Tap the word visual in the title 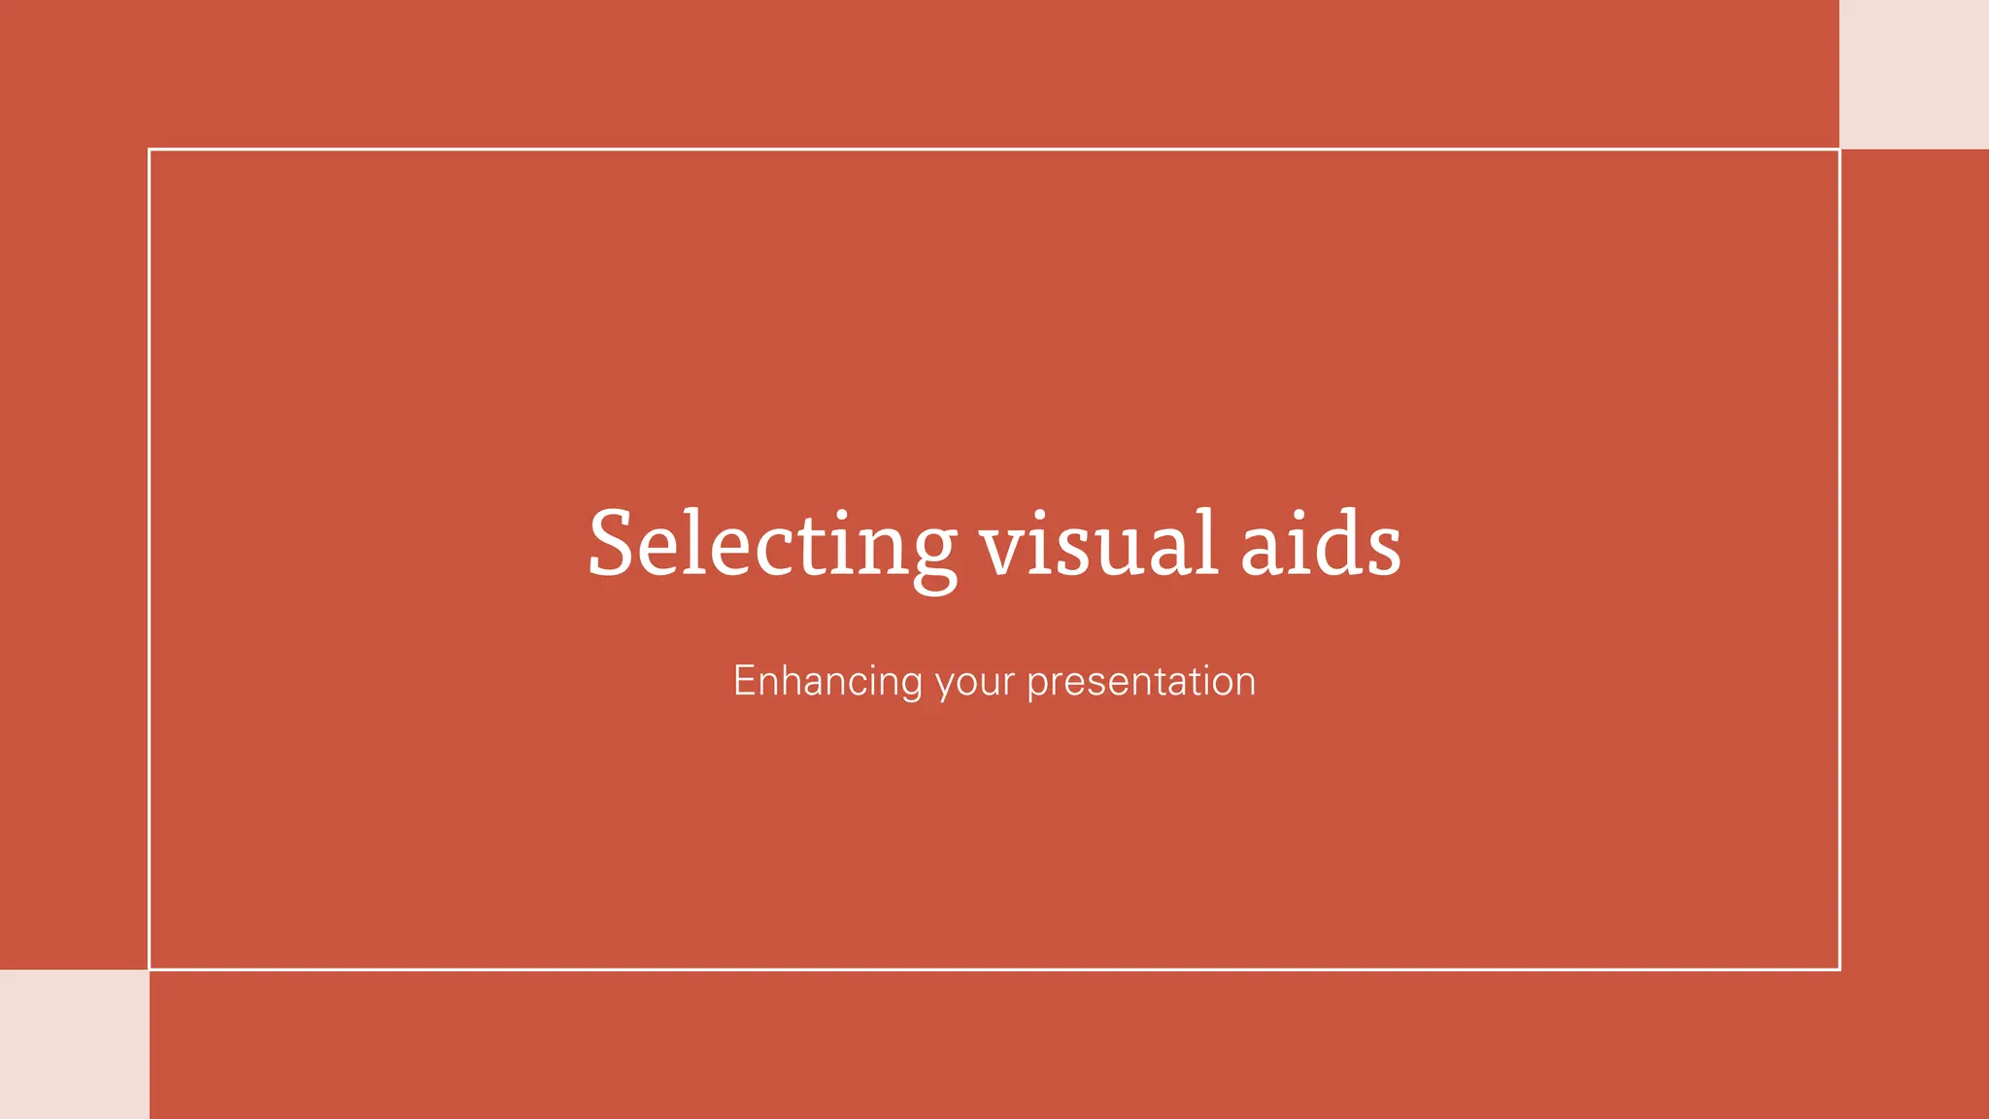(1097, 544)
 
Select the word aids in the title (1321, 544)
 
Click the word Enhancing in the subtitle (827, 682)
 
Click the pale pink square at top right (1913, 74)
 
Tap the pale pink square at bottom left (74, 1044)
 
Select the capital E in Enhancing (745, 681)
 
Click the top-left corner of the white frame (150, 150)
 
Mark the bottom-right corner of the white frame (1839, 968)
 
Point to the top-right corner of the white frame (1839, 150)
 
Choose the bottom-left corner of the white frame (150, 968)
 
